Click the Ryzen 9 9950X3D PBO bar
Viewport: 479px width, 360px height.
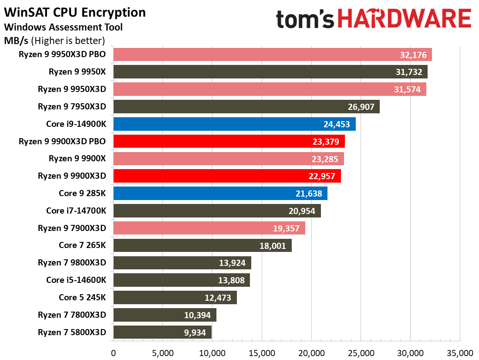click(272, 54)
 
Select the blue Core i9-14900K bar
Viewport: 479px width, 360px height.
click(234, 124)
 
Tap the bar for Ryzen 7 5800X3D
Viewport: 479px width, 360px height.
click(162, 332)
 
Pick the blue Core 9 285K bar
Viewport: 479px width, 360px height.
click(220, 194)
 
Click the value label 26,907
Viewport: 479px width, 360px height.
click(361, 107)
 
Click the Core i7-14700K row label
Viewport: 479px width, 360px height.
click(76, 211)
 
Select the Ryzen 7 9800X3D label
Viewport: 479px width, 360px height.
click(72, 263)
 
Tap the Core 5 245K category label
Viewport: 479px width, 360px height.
click(82, 298)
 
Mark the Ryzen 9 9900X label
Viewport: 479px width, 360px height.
click(77, 159)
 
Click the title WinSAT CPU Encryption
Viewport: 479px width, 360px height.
click(75, 12)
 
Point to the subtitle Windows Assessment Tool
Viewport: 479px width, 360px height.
click(63, 27)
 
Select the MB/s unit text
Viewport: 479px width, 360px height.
click(17, 41)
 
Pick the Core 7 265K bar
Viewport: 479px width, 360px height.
click(202, 245)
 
